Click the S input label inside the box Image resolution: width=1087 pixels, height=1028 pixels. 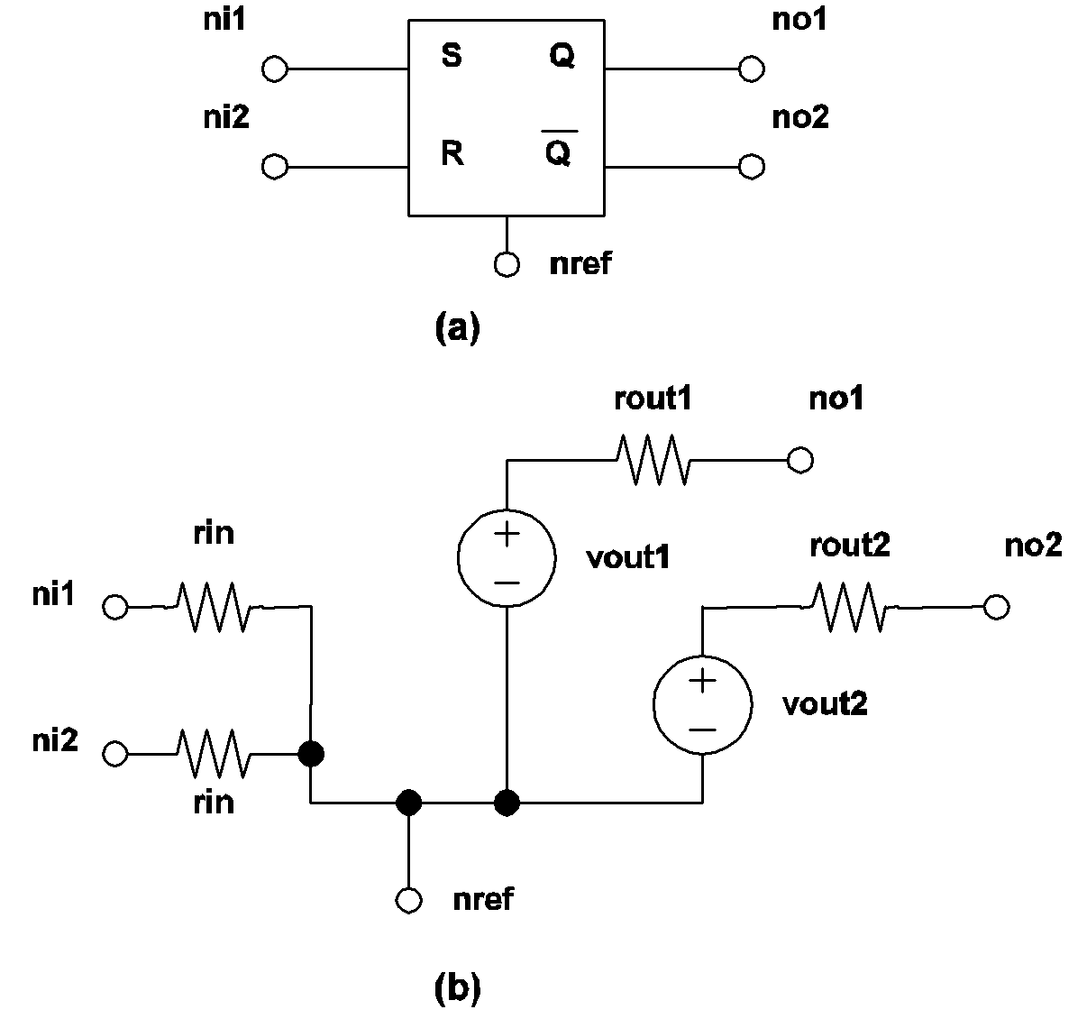pos(452,57)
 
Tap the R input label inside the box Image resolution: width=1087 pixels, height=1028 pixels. pos(452,154)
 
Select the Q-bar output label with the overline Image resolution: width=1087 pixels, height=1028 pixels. pos(559,151)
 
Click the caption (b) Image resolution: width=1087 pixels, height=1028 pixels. pos(457,989)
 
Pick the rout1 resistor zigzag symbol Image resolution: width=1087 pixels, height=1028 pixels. pos(653,460)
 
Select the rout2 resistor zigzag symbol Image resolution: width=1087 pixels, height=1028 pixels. pos(849,607)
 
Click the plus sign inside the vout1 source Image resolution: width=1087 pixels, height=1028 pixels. pos(507,534)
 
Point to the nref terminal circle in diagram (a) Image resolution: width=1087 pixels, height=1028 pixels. pos(507,265)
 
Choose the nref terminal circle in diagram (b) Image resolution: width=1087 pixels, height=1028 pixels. pos(409,900)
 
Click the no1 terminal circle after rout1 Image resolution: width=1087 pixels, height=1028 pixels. pos(799,460)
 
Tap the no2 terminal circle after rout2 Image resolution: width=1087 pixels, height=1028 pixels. pos(996,607)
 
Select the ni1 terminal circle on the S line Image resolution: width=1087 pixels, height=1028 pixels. pos(274,69)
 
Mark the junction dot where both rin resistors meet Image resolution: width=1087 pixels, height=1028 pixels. pos(311,753)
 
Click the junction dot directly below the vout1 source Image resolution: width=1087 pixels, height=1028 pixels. pos(507,802)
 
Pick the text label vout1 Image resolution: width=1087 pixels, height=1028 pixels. pos(627,557)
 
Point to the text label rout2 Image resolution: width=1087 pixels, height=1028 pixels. pos(849,546)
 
